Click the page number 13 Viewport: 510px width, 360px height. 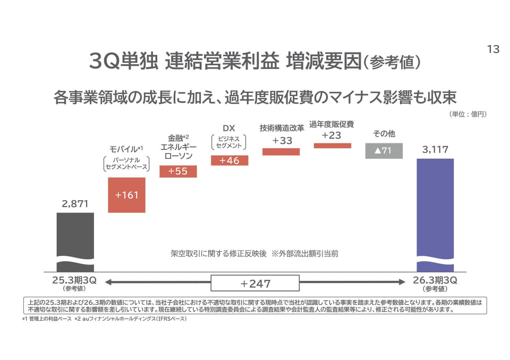(x=493, y=49)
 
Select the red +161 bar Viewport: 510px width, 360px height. (x=126, y=195)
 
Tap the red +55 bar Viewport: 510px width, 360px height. (x=178, y=171)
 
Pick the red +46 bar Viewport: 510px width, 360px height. (x=229, y=160)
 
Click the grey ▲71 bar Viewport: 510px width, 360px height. (x=384, y=151)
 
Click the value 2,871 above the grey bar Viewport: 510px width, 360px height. (x=75, y=203)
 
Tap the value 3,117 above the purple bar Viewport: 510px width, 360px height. (x=435, y=150)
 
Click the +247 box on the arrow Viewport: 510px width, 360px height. (x=255, y=284)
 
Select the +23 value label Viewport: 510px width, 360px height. (x=331, y=135)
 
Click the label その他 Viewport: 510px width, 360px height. (x=384, y=134)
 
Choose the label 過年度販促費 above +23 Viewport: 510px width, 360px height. (x=331, y=124)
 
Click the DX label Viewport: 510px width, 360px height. (x=229, y=128)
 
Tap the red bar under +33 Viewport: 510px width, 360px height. (x=281, y=151)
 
